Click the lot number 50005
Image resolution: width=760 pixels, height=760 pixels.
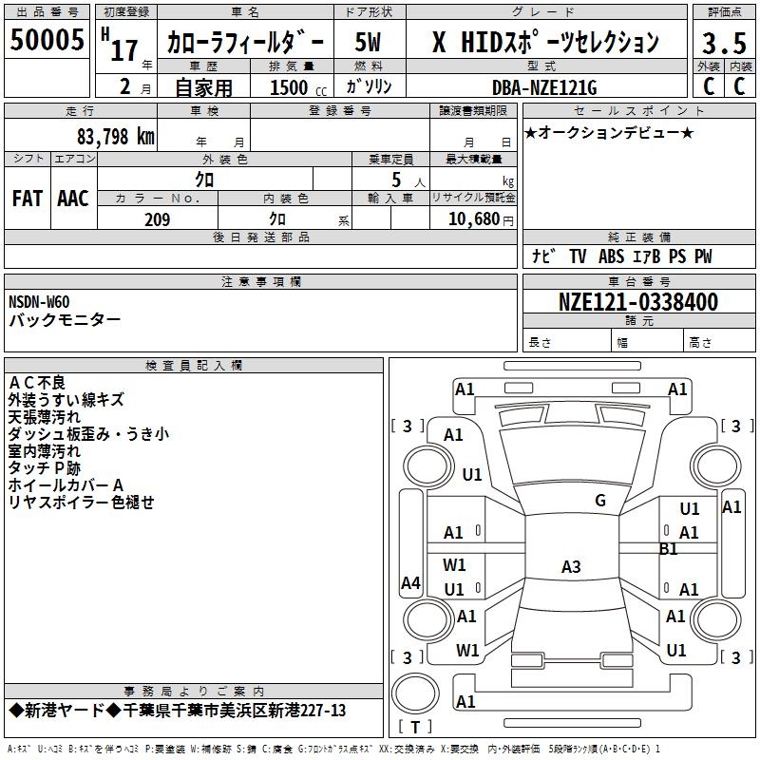[x=47, y=39]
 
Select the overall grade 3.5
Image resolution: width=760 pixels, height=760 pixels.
[x=724, y=43]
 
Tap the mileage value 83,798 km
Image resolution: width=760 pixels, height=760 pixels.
[x=116, y=136]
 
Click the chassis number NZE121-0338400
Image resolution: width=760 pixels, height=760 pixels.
[x=638, y=301]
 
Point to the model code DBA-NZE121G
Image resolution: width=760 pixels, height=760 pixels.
[x=544, y=87]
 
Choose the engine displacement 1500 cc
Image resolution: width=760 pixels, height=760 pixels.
[x=298, y=87]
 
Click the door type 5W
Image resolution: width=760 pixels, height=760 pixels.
[x=368, y=42]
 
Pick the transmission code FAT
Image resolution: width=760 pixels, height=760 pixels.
[x=28, y=199]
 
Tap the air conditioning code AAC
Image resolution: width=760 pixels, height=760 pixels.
[x=73, y=199]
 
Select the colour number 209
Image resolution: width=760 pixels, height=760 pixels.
[x=157, y=219]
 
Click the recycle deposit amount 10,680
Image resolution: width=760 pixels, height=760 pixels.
[x=474, y=219]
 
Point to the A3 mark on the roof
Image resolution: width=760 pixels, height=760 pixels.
[x=571, y=566]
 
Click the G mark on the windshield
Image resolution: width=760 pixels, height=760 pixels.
[x=600, y=501]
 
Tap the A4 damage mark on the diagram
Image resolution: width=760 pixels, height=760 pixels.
[x=410, y=582]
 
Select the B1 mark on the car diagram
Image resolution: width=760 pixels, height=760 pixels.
[x=669, y=549]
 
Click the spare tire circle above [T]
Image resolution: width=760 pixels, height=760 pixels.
[x=415, y=693]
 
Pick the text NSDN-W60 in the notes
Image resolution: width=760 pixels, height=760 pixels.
[x=39, y=302]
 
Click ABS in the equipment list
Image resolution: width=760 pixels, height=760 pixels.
[x=611, y=256]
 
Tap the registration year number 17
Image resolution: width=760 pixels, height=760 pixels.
[x=124, y=50]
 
